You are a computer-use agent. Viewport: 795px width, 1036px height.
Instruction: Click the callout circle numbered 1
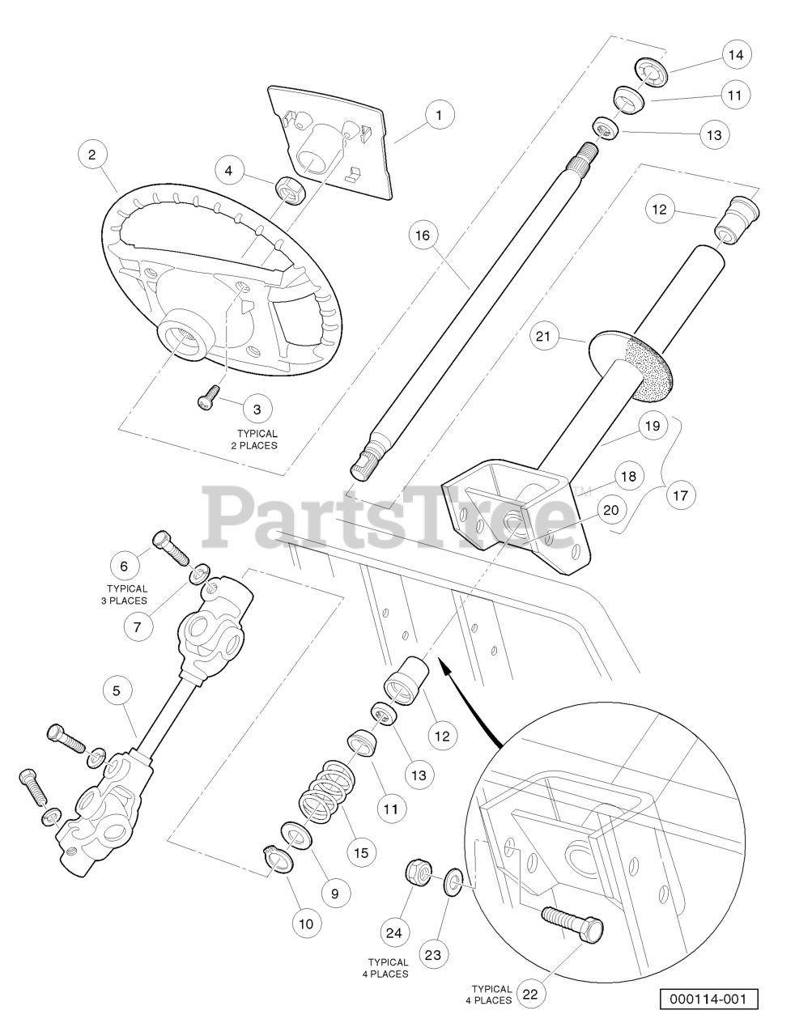pos(439,116)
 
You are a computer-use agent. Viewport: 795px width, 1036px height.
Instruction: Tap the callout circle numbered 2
pos(94,154)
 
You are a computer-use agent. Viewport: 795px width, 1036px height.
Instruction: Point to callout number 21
pos(547,336)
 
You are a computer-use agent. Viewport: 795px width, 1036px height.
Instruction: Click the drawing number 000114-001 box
pos(708,999)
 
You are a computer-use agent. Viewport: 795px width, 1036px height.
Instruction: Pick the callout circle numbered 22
pos(530,995)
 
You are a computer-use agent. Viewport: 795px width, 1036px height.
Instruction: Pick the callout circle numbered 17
pos(680,495)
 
